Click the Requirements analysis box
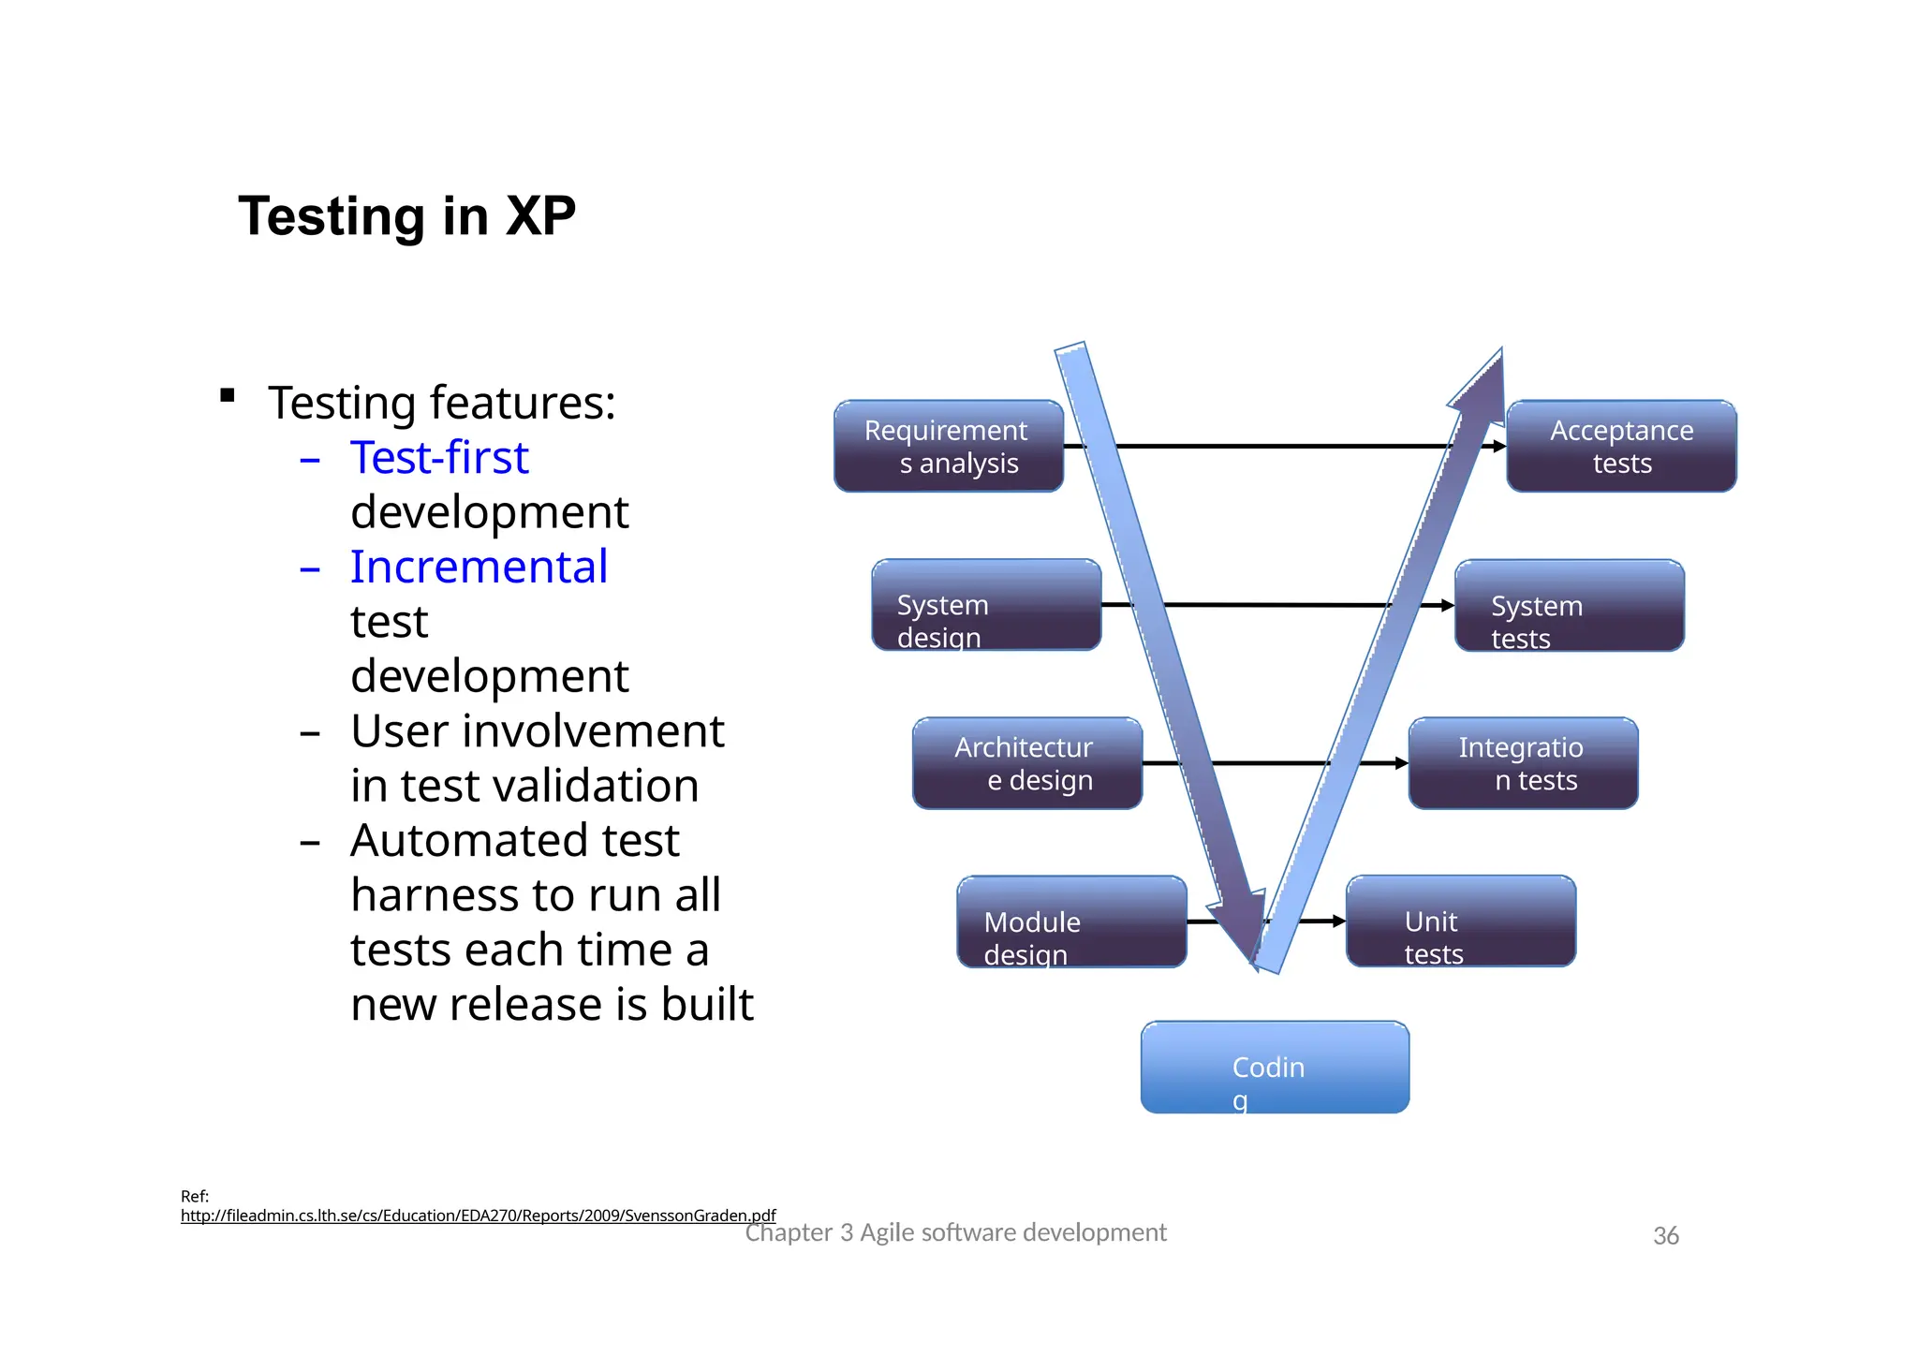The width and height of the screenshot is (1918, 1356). pyautogui.click(x=948, y=446)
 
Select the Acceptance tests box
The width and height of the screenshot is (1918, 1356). pyautogui.click(x=1621, y=446)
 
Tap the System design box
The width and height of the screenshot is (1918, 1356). pyautogui.click(x=986, y=605)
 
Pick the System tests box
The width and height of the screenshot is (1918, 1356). pyautogui.click(x=1569, y=606)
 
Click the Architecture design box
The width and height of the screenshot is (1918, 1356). pyautogui.click(x=1026, y=763)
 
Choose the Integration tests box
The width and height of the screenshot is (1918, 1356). pyautogui.click(x=1523, y=763)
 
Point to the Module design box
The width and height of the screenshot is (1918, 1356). pyautogui.click(x=1071, y=921)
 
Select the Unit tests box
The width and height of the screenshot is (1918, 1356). pyautogui.click(x=1460, y=921)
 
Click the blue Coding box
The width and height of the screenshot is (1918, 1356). pyautogui.click(x=1274, y=1067)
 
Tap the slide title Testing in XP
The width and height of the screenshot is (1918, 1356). pyautogui.click(x=406, y=216)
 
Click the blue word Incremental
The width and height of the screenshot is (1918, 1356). pyautogui.click(x=479, y=567)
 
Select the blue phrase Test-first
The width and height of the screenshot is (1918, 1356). pyautogui.click(x=439, y=458)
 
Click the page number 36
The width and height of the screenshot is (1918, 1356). pyautogui.click(x=1665, y=1236)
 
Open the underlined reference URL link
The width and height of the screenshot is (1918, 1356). pyautogui.click(x=478, y=1216)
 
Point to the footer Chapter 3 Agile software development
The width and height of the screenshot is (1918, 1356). pyautogui.click(x=955, y=1232)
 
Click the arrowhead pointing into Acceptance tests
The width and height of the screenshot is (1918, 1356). pyautogui.click(x=1499, y=447)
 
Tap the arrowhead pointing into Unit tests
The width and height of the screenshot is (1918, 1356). pyautogui.click(x=1339, y=921)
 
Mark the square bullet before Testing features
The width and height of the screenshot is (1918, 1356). pyautogui.click(x=227, y=395)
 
